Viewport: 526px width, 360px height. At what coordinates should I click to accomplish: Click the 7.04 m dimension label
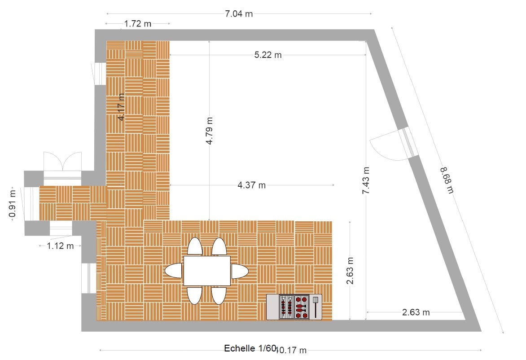(x=238, y=14)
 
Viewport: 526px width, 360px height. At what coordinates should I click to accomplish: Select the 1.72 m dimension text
(x=137, y=24)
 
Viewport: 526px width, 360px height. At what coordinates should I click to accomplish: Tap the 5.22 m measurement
(x=267, y=55)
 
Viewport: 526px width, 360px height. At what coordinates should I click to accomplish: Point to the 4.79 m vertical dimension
(x=209, y=131)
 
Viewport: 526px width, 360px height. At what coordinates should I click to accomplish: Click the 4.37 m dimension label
(x=252, y=185)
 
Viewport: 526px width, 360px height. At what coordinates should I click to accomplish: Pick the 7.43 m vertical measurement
(x=366, y=180)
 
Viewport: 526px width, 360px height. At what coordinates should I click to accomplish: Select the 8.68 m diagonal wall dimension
(x=447, y=180)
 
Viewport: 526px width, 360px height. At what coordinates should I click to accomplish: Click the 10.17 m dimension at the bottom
(x=290, y=350)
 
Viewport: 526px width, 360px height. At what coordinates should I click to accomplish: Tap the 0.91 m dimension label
(x=13, y=204)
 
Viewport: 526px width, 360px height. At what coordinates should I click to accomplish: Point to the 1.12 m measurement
(x=60, y=246)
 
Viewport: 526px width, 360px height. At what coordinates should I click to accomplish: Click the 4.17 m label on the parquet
(x=121, y=107)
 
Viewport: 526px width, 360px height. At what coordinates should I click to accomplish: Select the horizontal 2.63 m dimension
(x=416, y=312)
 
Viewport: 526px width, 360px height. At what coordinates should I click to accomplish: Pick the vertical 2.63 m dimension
(x=350, y=271)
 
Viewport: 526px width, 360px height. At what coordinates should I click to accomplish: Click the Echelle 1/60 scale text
(x=250, y=348)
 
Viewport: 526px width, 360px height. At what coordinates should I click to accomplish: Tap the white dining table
(x=207, y=271)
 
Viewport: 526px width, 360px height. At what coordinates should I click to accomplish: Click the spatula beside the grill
(x=316, y=307)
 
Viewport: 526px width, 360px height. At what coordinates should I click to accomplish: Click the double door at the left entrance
(x=62, y=164)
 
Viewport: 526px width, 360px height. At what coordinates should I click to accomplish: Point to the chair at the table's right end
(x=240, y=271)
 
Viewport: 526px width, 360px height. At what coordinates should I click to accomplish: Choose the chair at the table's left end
(x=174, y=270)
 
